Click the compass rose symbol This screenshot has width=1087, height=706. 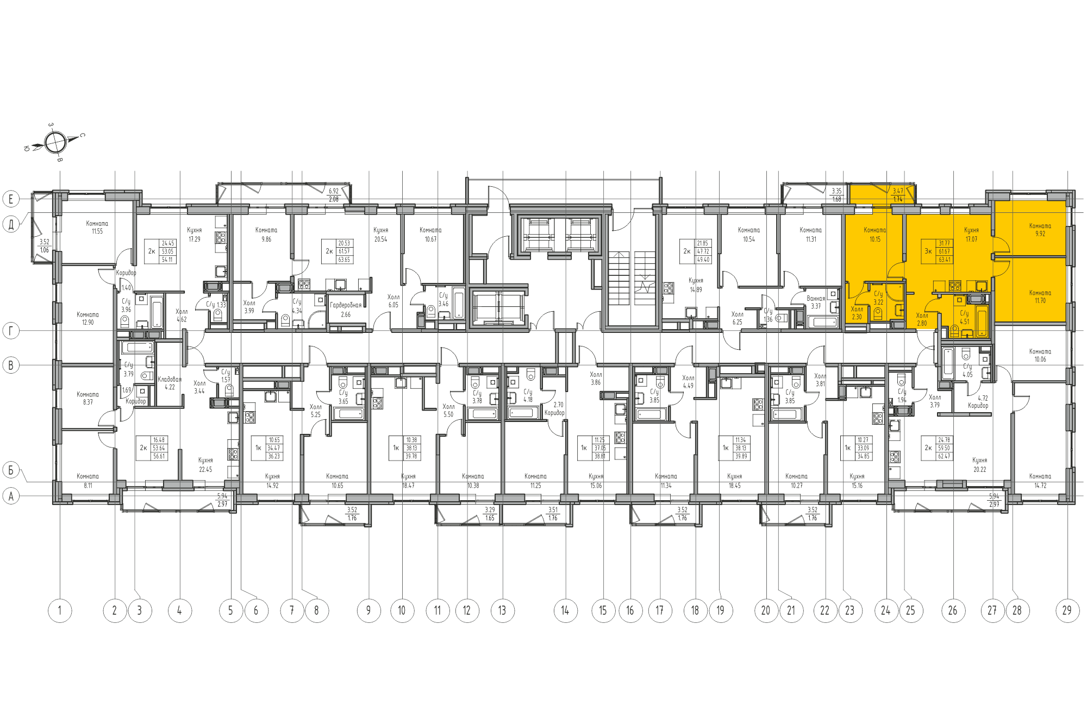(55, 143)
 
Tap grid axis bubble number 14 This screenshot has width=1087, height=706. (565, 610)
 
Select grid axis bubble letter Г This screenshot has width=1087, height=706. (11, 330)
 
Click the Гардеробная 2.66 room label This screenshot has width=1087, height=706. (346, 310)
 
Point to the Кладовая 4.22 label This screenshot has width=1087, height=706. (170, 383)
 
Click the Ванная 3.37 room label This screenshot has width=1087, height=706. (816, 302)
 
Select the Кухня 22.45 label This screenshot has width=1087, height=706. (205, 465)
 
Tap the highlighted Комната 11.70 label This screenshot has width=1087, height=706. (1040, 297)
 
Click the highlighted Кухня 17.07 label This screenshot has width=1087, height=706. (971, 235)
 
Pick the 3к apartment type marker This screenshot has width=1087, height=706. (928, 251)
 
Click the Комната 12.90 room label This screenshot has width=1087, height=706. (88, 318)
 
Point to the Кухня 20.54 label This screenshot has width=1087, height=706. (380, 235)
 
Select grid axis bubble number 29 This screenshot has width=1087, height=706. (1067, 610)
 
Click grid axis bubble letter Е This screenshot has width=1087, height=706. (11, 199)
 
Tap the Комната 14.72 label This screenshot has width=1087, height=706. (1040, 481)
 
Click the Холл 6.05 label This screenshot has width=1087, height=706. (393, 301)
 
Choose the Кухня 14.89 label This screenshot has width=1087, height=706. (696, 285)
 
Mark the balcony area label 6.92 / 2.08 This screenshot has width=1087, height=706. (333, 195)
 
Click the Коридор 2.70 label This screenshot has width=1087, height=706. (555, 409)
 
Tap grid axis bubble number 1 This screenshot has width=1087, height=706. (60, 610)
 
